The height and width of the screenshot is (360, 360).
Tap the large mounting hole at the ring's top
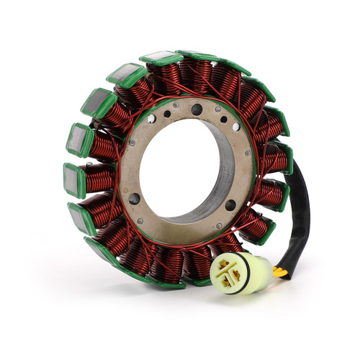[x=197, y=109]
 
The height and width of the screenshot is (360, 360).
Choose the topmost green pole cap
[x=161, y=58]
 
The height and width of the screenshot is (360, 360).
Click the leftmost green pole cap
[x=74, y=180]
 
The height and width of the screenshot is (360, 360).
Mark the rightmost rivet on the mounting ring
[x=248, y=153]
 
